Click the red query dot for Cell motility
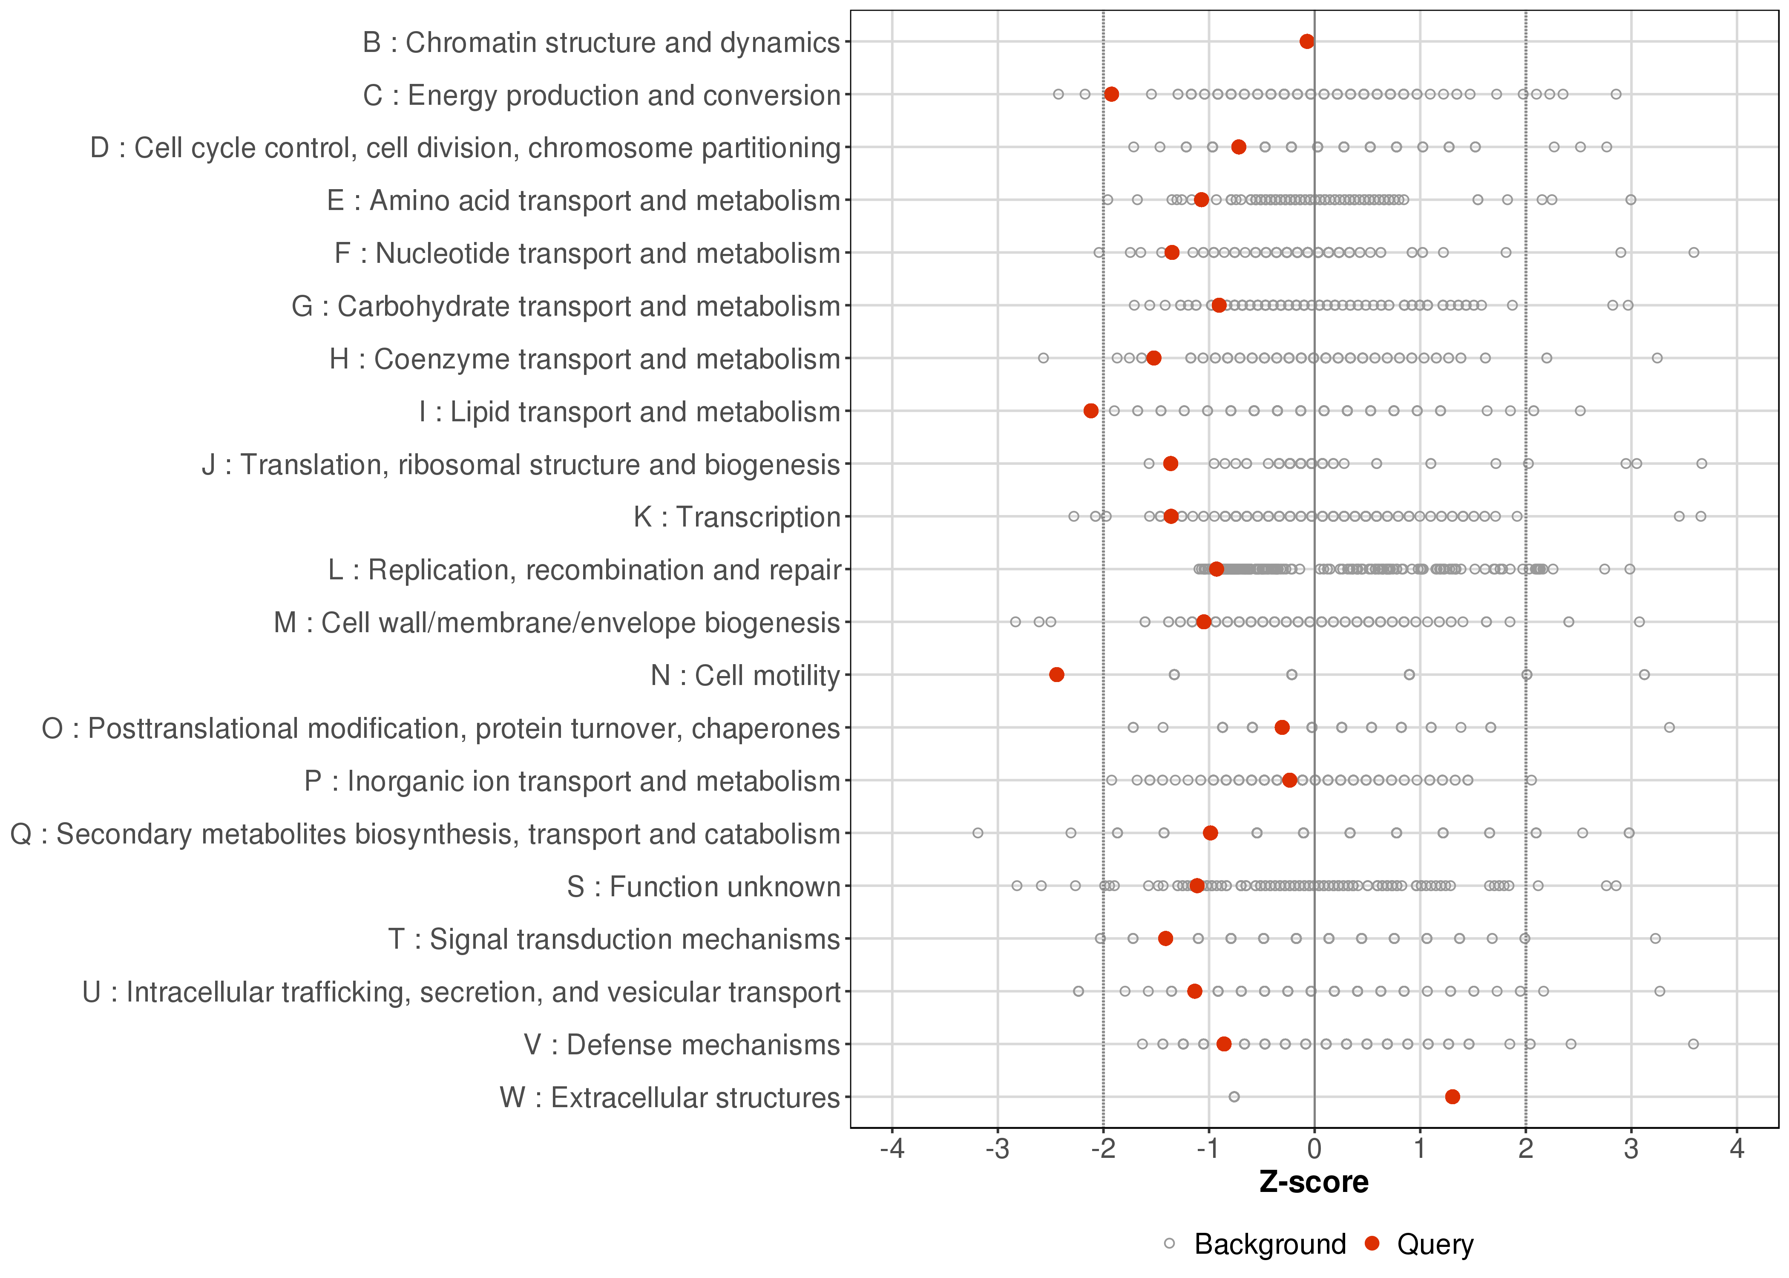(x=1056, y=674)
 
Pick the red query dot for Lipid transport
(x=1090, y=411)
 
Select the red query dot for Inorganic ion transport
(x=1289, y=780)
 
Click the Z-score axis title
(x=1314, y=1182)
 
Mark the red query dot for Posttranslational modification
(x=1282, y=727)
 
